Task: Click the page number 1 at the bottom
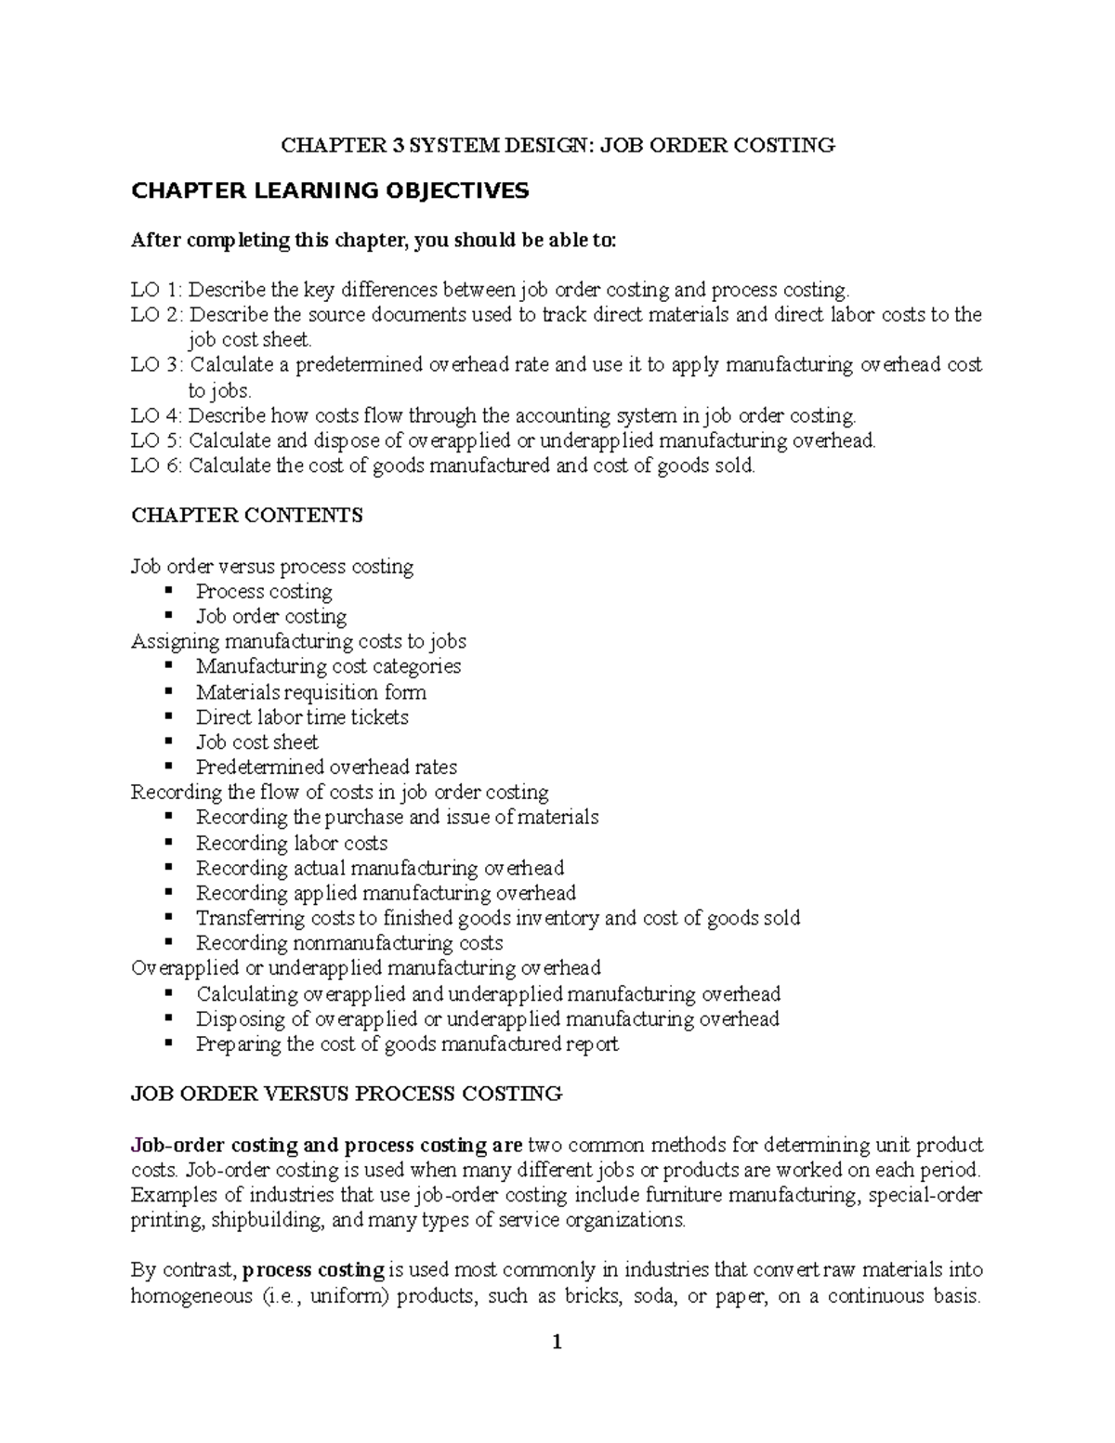click(x=557, y=1342)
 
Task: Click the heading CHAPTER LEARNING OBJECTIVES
click(x=330, y=191)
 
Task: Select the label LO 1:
click(x=157, y=290)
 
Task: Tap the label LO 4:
click(x=157, y=415)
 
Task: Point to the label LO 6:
click(x=157, y=466)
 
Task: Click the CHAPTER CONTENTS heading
click(x=247, y=516)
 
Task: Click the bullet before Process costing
click(x=168, y=591)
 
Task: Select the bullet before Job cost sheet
click(x=168, y=741)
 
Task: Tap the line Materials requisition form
click(x=311, y=692)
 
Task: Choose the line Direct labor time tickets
click(x=302, y=717)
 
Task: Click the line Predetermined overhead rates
click(x=326, y=767)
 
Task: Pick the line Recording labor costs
click(x=292, y=844)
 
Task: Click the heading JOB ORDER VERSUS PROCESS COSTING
click(x=347, y=1094)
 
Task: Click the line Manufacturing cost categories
click(x=328, y=666)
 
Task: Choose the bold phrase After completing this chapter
click(x=268, y=241)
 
